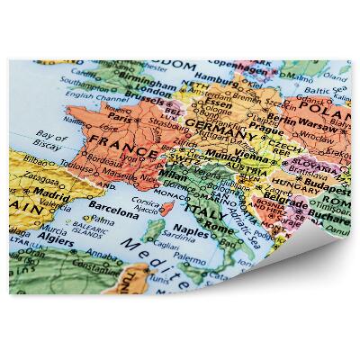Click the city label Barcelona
(113, 215)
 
